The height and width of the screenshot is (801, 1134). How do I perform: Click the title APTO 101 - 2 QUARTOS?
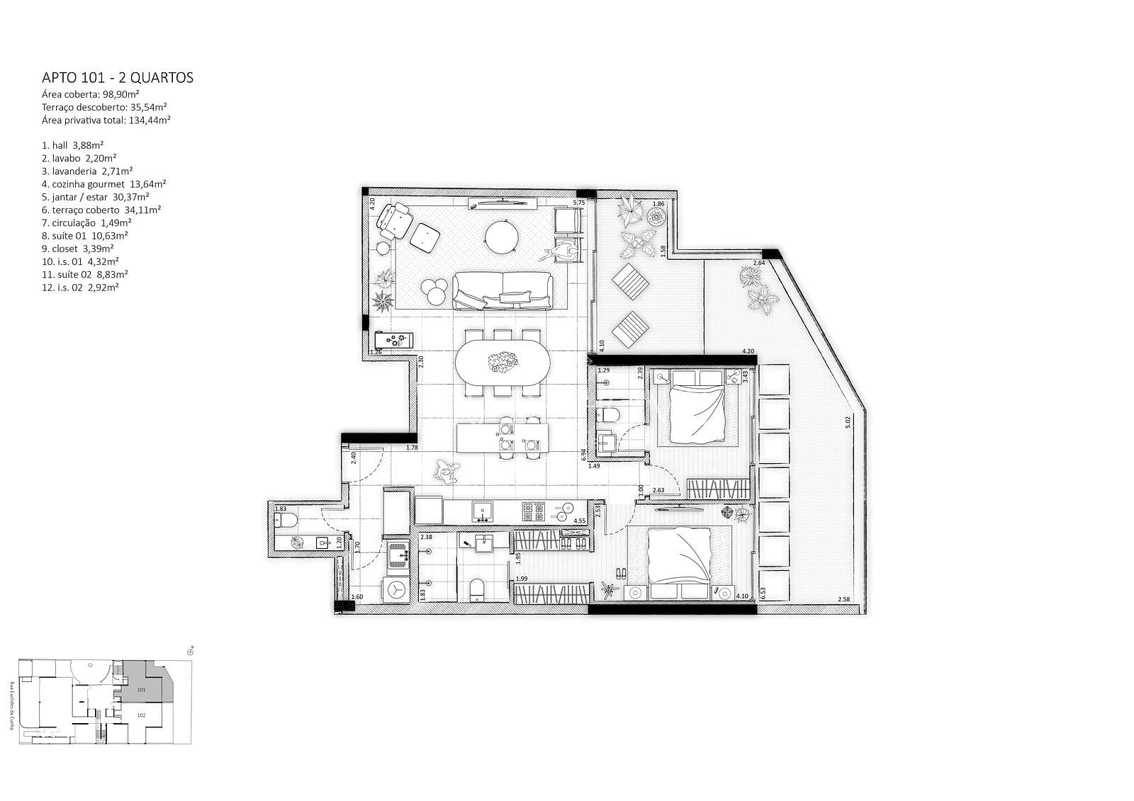click(x=118, y=77)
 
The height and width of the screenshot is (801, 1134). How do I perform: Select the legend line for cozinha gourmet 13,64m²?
click(x=104, y=184)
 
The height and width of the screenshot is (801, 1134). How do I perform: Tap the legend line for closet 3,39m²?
click(x=78, y=249)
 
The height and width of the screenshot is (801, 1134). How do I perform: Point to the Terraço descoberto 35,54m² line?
click(x=104, y=107)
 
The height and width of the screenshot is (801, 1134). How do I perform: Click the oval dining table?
click(x=502, y=363)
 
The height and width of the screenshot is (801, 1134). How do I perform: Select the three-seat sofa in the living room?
click(x=502, y=290)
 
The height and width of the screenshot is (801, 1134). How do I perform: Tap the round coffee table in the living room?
click(x=502, y=237)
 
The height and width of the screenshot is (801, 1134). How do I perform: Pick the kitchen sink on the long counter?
click(x=483, y=511)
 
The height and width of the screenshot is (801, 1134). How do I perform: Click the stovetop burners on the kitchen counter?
click(x=533, y=511)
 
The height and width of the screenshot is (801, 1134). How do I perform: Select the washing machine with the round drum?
click(x=397, y=589)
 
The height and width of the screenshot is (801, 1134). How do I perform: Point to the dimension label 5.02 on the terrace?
click(x=847, y=422)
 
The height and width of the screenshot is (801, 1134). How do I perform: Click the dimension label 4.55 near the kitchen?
click(x=579, y=521)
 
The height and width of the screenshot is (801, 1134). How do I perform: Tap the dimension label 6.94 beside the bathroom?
click(x=583, y=455)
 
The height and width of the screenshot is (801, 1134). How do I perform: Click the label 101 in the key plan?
click(x=141, y=689)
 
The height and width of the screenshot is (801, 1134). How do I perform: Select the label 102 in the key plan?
click(x=141, y=715)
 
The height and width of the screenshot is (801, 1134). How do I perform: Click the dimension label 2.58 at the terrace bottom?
click(x=843, y=600)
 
